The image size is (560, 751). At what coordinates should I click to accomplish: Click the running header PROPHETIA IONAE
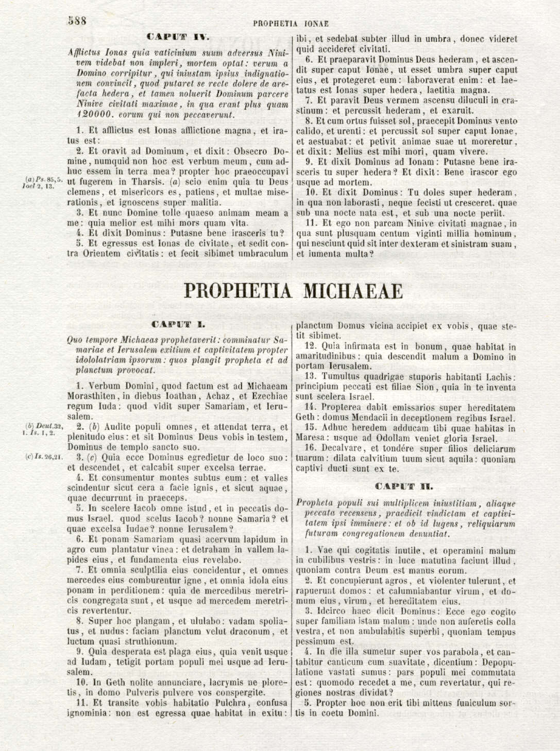291,24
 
